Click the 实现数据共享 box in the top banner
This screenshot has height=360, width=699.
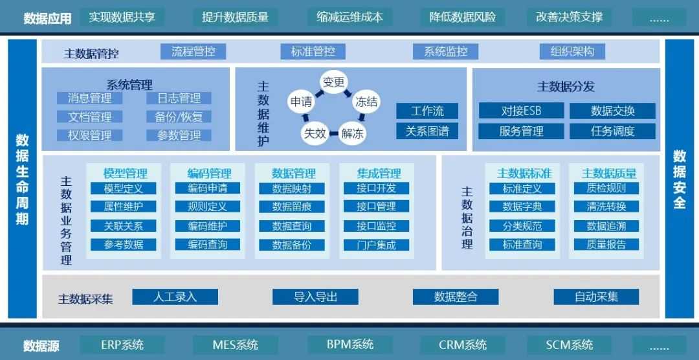point(122,17)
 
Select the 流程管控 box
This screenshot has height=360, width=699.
point(193,51)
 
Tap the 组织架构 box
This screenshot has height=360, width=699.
point(572,51)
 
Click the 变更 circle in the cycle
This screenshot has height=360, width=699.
point(334,82)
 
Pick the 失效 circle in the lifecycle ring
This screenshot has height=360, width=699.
point(315,133)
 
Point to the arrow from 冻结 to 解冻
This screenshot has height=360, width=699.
point(362,118)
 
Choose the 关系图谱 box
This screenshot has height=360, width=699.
point(427,131)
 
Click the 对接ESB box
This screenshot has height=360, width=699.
point(521,111)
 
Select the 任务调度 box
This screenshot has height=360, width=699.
point(612,131)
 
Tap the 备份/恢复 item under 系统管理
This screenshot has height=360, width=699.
point(179,117)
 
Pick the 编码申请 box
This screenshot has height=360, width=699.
point(207,188)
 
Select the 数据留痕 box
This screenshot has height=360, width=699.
point(292,207)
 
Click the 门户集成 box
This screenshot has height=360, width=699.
point(376,245)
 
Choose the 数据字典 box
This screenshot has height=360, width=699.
point(522,207)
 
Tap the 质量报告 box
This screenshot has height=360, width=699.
point(606,245)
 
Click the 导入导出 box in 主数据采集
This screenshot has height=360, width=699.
point(315,297)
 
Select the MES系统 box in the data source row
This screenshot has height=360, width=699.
point(235,345)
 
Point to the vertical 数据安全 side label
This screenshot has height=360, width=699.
point(679,179)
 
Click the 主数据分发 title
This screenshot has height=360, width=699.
point(566,86)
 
